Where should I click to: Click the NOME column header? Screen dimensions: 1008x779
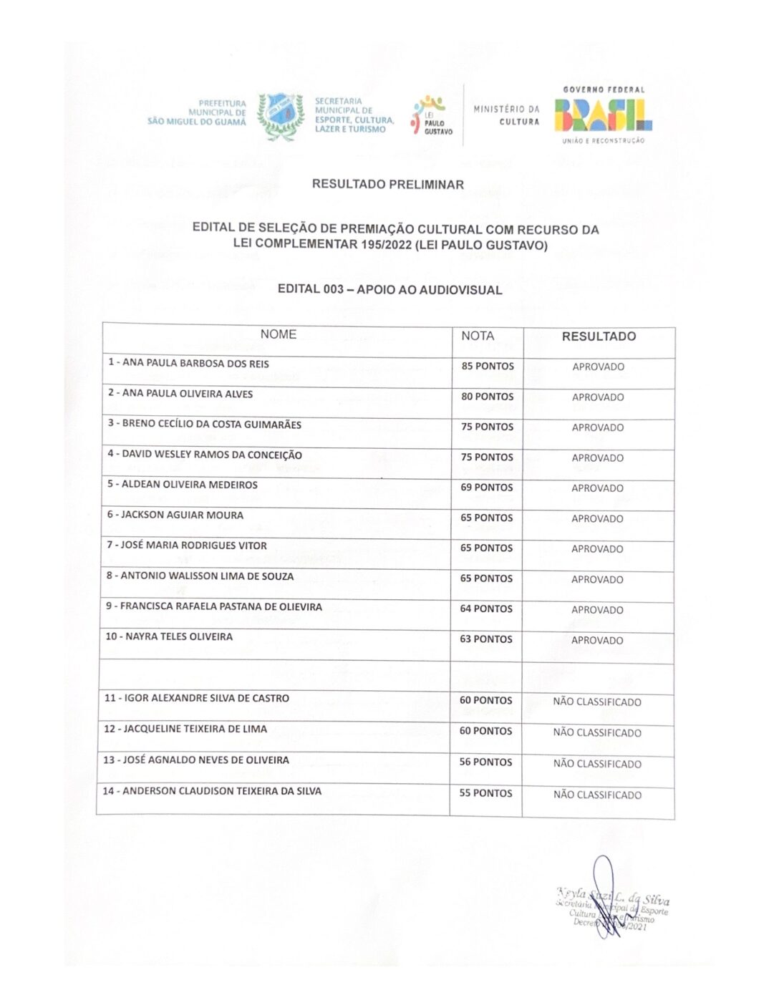278,334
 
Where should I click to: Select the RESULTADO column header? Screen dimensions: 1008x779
599,336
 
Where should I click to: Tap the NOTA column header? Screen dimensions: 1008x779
478,336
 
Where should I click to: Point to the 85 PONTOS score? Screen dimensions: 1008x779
488,366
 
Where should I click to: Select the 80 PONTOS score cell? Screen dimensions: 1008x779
488,397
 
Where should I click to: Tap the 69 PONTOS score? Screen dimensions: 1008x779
487,488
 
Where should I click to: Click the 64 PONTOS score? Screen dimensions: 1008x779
486,609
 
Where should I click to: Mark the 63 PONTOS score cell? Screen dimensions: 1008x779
486,639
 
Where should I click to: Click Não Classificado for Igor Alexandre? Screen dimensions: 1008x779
597,702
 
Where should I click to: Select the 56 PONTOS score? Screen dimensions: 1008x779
485,762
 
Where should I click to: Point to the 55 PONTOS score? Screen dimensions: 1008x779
485,793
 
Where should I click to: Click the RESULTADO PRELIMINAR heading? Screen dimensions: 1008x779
387,184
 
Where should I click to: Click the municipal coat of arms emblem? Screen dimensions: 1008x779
280,115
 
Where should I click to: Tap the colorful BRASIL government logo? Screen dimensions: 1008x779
603,115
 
